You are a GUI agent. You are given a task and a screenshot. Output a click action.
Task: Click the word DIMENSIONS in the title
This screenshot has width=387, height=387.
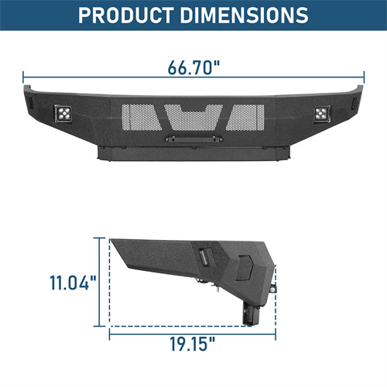[247, 15]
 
